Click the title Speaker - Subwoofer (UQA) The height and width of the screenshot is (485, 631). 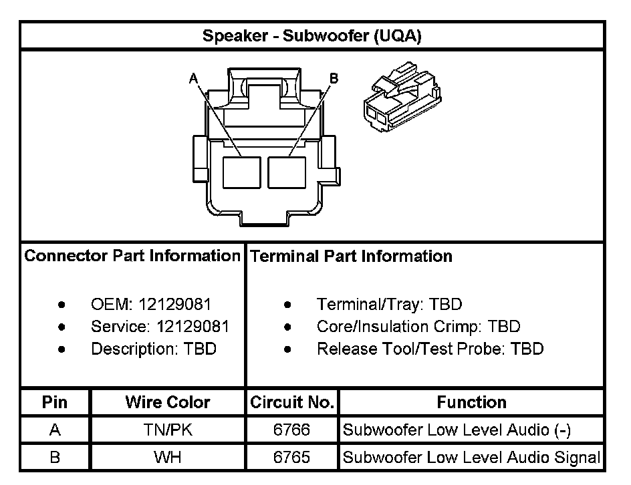[311, 36]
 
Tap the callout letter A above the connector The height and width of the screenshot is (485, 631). [194, 79]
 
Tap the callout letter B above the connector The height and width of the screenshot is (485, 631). [334, 78]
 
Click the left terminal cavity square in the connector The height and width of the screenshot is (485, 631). [241, 172]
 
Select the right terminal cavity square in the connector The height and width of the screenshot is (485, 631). [287, 172]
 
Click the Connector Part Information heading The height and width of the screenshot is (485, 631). [132, 256]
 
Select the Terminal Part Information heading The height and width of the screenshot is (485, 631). [350, 256]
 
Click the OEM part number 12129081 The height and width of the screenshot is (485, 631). [174, 305]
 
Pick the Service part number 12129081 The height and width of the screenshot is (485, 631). [193, 327]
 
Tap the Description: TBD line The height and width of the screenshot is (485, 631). [154, 349]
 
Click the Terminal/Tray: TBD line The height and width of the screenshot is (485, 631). [389, 305]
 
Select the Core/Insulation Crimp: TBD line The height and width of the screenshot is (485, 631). [418, 327]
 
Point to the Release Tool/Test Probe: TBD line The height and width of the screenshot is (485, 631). [430, 349]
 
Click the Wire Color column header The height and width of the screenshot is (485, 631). [167, 402]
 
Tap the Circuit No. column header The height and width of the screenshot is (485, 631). [291, 402]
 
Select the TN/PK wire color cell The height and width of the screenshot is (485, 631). [167, 430]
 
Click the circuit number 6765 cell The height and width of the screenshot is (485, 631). [291, 458]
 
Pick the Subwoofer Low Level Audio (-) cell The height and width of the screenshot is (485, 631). [457, 430]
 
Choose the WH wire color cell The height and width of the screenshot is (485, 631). [167, 458]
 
